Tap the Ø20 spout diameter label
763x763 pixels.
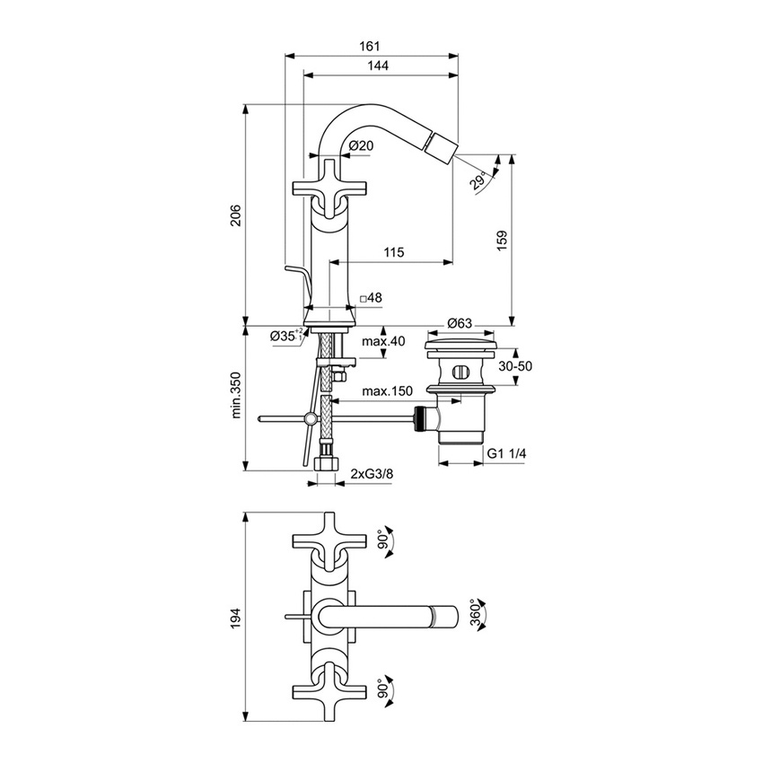click(x=359, y=145)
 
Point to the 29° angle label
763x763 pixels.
click(x=480, y=182)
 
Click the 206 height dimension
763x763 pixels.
click(x=236, y=216)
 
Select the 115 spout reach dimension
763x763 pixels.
click(x=393, y=253)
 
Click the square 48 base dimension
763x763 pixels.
click(x=372, y=298)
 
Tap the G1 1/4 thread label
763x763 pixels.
click(x=506, y=454)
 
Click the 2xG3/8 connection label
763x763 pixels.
click(x=370, y=473)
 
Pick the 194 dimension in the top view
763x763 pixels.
click(x=236, y=617)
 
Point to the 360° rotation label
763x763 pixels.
click(x=478, y=614)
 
